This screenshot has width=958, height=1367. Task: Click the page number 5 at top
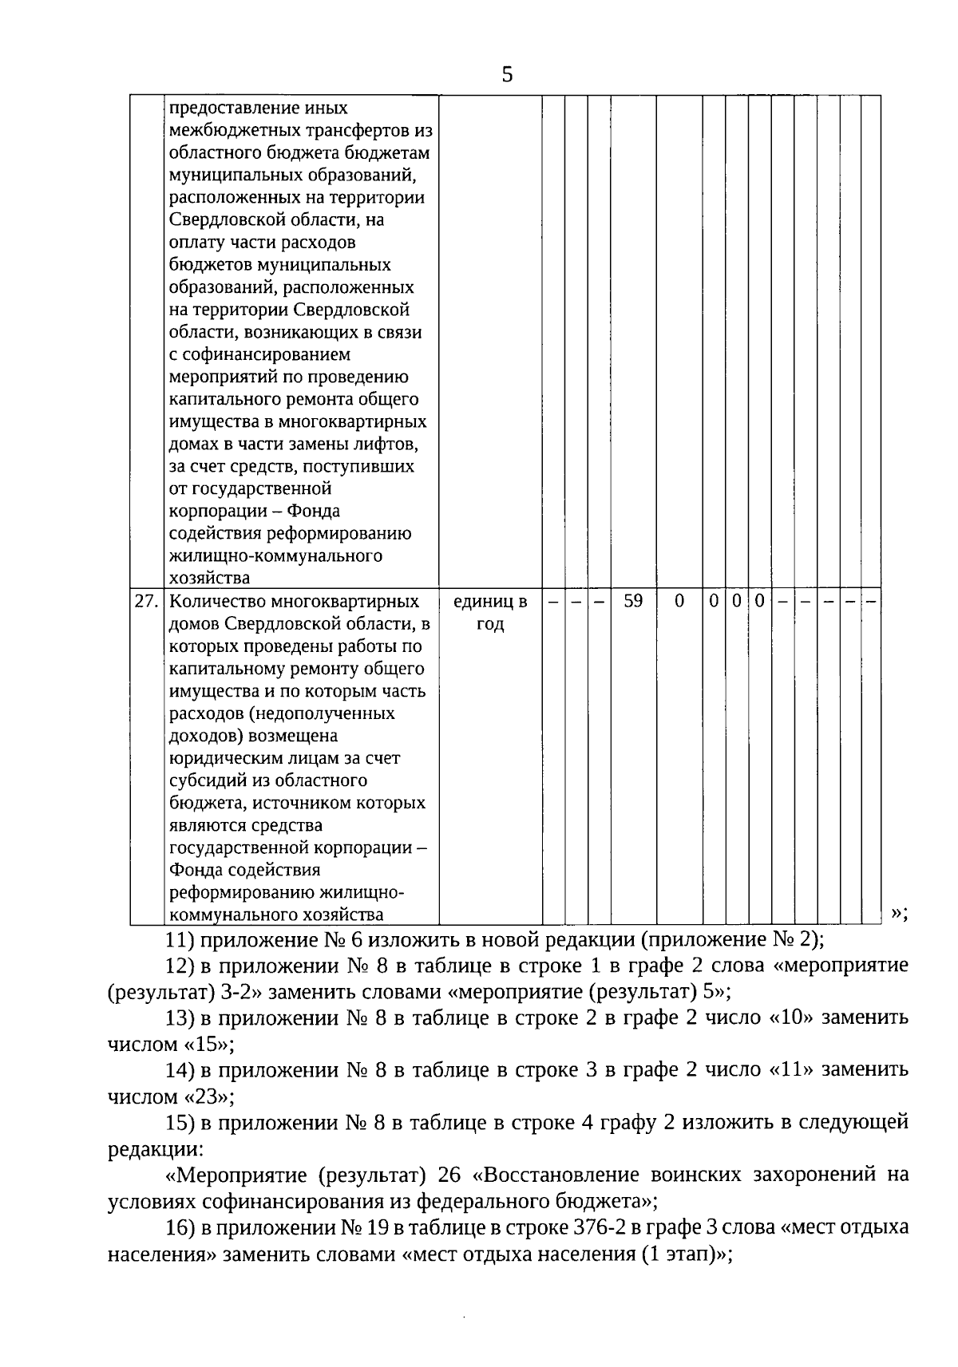click(x=507, y=76)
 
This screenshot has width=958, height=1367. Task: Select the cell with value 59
click(x=633, y=601)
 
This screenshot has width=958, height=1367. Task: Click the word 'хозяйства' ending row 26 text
click(x=210, y=577)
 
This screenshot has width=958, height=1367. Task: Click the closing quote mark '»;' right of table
click(x=900, y=912)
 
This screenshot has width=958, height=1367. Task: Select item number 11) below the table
click(x=176, y=939)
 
